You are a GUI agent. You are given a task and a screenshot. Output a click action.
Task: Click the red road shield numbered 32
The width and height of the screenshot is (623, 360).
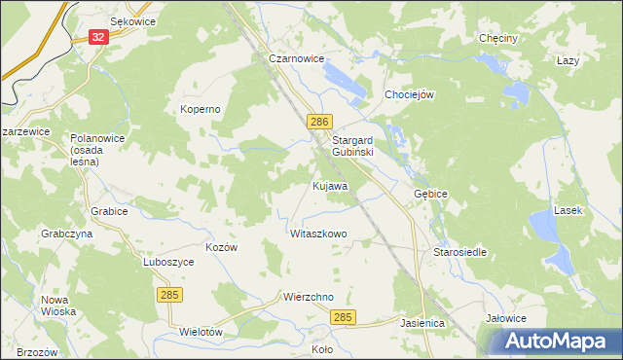click(x=97, y=36)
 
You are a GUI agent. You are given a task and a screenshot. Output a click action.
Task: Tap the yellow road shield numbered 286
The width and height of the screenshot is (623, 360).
click(x=321, y=122)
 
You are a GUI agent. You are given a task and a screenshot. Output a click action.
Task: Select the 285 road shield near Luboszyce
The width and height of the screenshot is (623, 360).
click(x=167, y=294)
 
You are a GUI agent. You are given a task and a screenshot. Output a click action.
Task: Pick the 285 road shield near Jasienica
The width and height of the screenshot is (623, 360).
click(x=342, y=318)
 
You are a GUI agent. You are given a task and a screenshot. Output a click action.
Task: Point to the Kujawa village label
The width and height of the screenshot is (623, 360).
click(x=330, y=185)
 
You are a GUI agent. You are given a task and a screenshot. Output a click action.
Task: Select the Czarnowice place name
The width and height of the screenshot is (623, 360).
click(x=296, y=58)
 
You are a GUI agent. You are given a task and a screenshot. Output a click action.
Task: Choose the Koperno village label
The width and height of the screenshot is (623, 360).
click(x=201, y=109)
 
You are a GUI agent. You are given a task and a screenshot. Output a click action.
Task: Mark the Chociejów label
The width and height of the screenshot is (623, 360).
click(x=409, y=94)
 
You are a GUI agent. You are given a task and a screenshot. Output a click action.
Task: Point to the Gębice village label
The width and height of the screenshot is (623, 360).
click(x=430, y=194)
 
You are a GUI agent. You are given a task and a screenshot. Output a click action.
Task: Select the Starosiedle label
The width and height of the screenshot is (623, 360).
click(x=459, y=252)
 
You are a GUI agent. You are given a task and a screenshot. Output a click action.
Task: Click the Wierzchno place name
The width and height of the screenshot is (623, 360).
click(x=309, y=297)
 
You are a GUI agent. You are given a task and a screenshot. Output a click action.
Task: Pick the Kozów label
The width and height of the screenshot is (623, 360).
click(x=222, y=247)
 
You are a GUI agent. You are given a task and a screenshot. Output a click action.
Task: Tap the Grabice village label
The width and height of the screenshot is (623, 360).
click(x=109, y=210)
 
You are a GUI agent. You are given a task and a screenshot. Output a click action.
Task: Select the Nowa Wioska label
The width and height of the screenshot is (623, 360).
click(x=59, y=306)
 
